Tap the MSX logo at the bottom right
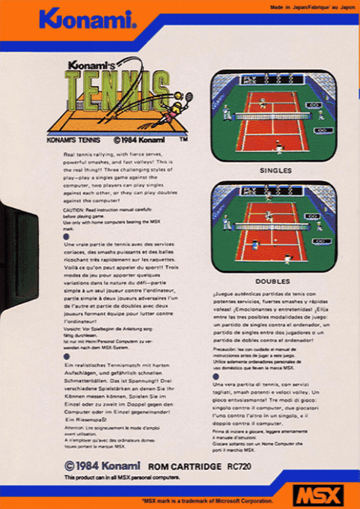point(317,495)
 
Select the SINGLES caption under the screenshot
point(275,170)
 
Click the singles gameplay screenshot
point(274,117)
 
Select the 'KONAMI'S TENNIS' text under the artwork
point(76,138)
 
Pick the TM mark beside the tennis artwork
point(184,138)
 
